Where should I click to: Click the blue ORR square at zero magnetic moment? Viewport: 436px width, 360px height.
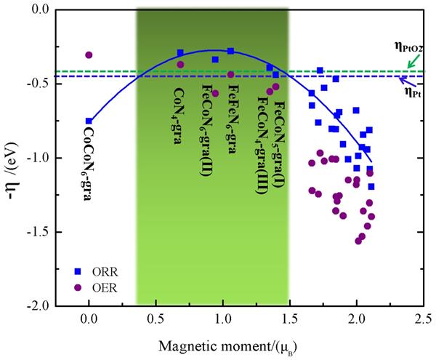tap(89, 121)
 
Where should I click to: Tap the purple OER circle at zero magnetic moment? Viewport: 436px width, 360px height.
tap(89, 55)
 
